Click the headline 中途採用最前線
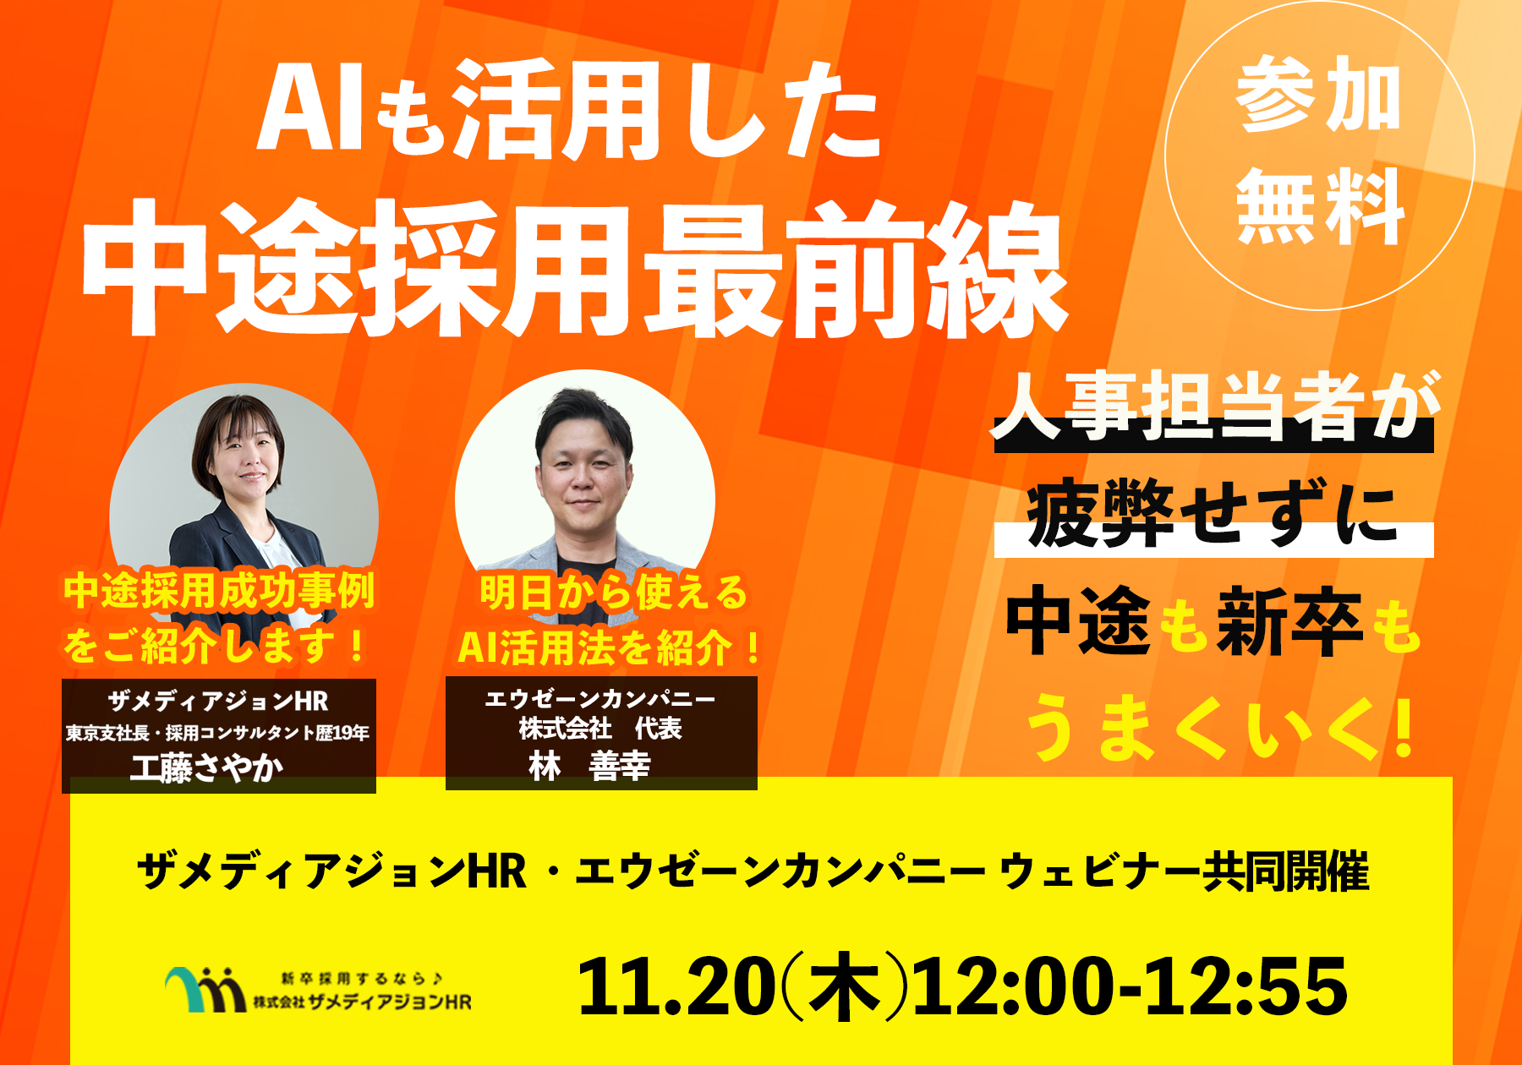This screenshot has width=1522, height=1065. coord(574,269)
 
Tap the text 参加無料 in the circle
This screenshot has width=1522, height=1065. coord(1320,152)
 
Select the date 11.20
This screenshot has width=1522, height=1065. coord(676,986)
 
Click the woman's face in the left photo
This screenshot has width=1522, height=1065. coord(244,461)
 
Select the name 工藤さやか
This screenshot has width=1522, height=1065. coord(208,767)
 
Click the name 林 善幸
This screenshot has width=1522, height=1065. coord(589,766)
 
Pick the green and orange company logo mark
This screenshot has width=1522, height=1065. coord(205,989)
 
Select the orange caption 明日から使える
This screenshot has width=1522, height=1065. coord(614,592)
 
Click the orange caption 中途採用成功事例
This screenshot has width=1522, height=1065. coord(219,590)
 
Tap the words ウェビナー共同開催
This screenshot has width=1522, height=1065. coord(1183,871)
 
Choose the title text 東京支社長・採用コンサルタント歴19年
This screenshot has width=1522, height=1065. coord(218,733)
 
